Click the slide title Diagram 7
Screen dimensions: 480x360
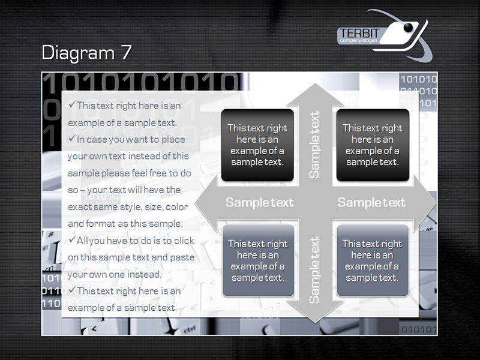[x=86, y=52]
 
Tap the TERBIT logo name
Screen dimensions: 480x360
[x=359, y=33]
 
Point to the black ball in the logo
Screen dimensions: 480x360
[x=409, y=28]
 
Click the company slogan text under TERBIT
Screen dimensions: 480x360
[x=358, y=40]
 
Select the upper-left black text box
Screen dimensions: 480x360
[x=257, y=145]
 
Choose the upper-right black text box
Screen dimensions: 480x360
[x=373, y=145]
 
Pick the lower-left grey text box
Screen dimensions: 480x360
[x=258, y=260]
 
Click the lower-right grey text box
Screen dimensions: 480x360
[x=373, y=260]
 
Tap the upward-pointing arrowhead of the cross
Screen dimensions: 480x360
[x=315, y=95]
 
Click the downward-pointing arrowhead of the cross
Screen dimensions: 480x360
[x=315, y=311]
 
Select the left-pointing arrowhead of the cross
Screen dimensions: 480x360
[x=206, y=203]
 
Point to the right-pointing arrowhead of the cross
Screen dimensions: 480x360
[x=425, y=203]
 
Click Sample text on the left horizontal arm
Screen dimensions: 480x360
[x=260, y=202]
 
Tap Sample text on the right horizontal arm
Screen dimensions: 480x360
[x=371, y=202]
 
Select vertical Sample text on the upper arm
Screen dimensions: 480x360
[x=314, y=145]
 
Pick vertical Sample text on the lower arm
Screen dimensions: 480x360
[x=314, y=269]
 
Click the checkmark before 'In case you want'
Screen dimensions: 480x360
[x=72, y=139]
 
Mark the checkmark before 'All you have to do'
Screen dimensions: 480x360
[x=72, y=239]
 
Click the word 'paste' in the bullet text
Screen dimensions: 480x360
[x=182, y=258]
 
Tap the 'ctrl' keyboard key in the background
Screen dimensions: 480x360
[x=190, y=330]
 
